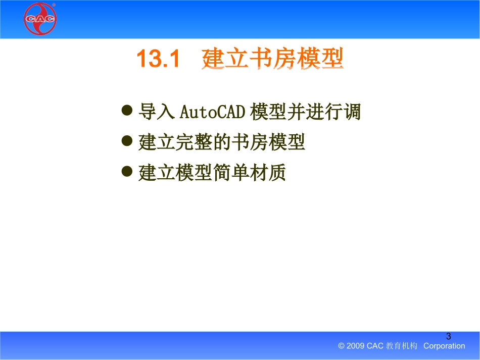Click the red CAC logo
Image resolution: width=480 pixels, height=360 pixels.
coord(40,19)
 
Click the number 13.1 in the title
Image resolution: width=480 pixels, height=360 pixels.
coord(158,58)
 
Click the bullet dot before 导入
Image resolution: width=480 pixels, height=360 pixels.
coord(127,110)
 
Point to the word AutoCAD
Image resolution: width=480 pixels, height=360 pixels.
coord(212,112)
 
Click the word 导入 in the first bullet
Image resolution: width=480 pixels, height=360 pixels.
coord(157,111)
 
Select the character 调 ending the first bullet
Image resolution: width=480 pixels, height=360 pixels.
coord(352,111)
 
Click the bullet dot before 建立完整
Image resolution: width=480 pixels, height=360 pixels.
coord(127,141)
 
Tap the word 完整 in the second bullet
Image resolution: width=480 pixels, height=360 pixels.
coord(194,142)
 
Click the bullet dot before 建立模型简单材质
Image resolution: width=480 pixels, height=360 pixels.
coord(127,171)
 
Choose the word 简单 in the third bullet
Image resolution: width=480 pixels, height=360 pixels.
coord(231,173)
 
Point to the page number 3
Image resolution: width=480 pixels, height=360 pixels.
coord(449,336)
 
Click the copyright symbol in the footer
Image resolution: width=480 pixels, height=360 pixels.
coord(342,346)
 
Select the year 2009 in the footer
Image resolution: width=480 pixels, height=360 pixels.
coord(355,346)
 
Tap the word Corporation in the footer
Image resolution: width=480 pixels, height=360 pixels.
coord(444,346)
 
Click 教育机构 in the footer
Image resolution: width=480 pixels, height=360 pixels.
coord(402,346)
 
